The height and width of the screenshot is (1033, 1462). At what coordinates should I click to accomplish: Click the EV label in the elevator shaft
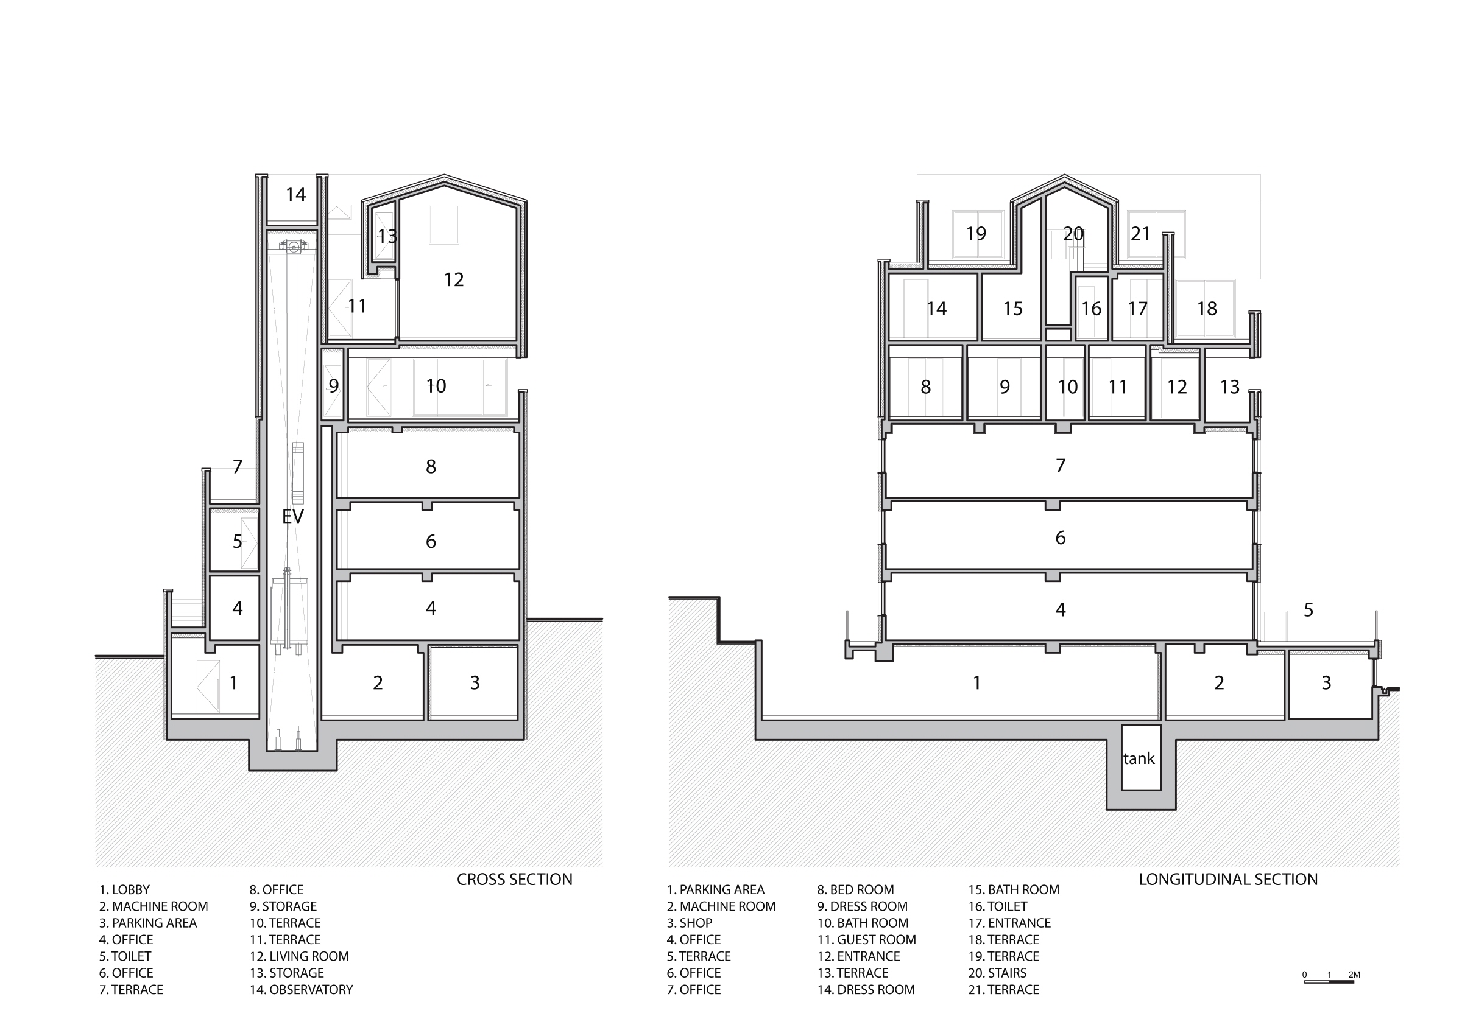pyautogui.click(x=293, y=516)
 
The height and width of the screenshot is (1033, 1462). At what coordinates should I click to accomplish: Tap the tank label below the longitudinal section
pyautogui.click(x=1139, y=758)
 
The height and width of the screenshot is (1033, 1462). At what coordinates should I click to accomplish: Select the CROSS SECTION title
pyautogui.click(x=515, y=880)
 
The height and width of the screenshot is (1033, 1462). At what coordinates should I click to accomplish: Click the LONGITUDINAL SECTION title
pyautogui.click(x=1228, y=880)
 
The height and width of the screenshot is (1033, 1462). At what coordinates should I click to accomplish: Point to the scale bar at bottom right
pyautogui.click(x=1329, y=982)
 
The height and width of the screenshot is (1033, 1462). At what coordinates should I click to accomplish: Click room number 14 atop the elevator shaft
pyautogui.click(x=295, y=194)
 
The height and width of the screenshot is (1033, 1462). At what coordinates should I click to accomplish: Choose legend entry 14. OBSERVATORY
pyautogui.click(x=301, y=990)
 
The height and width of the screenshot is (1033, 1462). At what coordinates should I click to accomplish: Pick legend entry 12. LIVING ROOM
pyautogui.click(x=299, y=956)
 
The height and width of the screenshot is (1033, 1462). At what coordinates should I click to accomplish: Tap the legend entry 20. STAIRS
pyautogui.click(x=997, y=973)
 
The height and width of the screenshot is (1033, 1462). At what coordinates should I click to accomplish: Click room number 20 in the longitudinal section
pyautogui.click(x=1073, y=234)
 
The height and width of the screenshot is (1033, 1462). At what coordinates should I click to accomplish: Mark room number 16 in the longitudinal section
pyautogui.click(x=1092, y=309)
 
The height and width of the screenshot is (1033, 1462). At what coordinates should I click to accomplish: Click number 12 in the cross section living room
pyautogui.click(x=453, y=279)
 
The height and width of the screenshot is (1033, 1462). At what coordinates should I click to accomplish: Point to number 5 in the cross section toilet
pyautogui.click(x=238, y=542)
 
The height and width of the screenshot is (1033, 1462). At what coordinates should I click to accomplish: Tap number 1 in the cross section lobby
pyautogui.click(x=234, y=682)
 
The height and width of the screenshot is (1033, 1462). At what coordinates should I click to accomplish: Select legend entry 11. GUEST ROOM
pyautogui.click(x=867, y=939)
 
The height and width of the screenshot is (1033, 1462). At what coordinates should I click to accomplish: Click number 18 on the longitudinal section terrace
pyautogui.click(x=1207, y=309)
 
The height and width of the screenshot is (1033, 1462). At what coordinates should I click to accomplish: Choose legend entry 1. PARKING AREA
pyautogui.click(x=716, y=890)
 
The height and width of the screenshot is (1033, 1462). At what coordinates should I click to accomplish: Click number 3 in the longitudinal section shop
pyautogui.click(x=1326, y=682)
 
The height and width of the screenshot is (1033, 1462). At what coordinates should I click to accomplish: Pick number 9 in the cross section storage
pyautogui.click(x=334, y=386)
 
